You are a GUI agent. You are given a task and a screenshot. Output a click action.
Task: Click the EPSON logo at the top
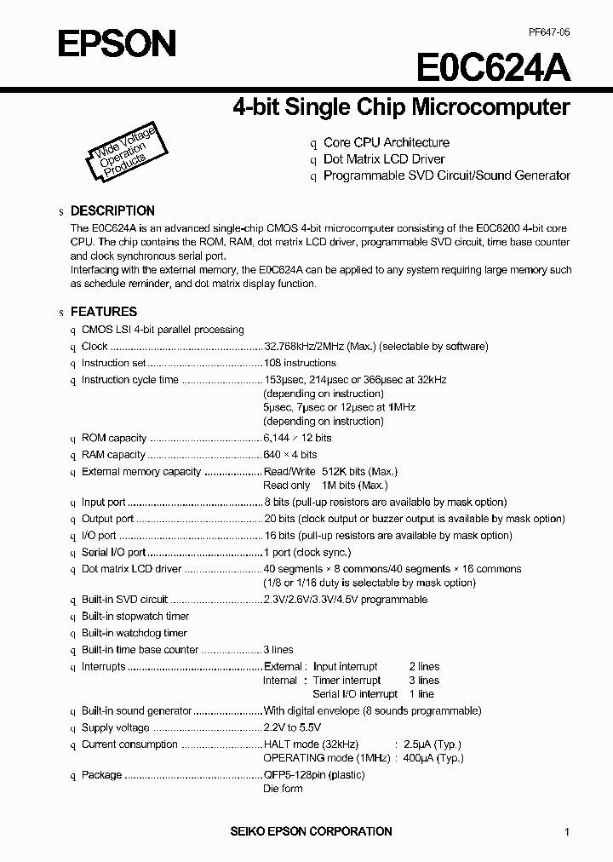click(x=117, y=43)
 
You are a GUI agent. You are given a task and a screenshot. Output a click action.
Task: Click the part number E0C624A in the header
click(x=494, y=66)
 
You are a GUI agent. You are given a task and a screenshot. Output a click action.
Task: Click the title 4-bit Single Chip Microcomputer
click(x=401, y=107)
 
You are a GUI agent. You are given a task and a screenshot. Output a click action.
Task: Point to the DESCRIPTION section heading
click(x=112, y=210)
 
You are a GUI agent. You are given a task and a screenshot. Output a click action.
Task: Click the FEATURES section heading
click(x=103, y=312)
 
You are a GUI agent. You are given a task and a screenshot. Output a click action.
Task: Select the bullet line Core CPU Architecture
click(x=386, y=142)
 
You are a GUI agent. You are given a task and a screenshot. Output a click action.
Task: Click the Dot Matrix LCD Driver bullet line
click(x=384, y=159)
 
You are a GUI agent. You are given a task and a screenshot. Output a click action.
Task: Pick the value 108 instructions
click(x=300, y=363)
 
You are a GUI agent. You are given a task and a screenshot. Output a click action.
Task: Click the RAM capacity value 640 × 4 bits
click(x=290, y=455)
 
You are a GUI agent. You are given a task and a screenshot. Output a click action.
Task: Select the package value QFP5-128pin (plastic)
click(x=314, y=775)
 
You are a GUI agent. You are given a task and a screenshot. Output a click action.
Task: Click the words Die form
click(x=283, y=789)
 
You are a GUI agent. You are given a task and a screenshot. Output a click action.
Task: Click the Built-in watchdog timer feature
click(x=134, y=633)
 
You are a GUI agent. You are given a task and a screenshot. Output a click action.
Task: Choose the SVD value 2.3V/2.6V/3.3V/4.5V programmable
click(x=346, y=600)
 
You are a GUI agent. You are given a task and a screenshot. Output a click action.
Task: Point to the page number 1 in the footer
click(x=567, y=832)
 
